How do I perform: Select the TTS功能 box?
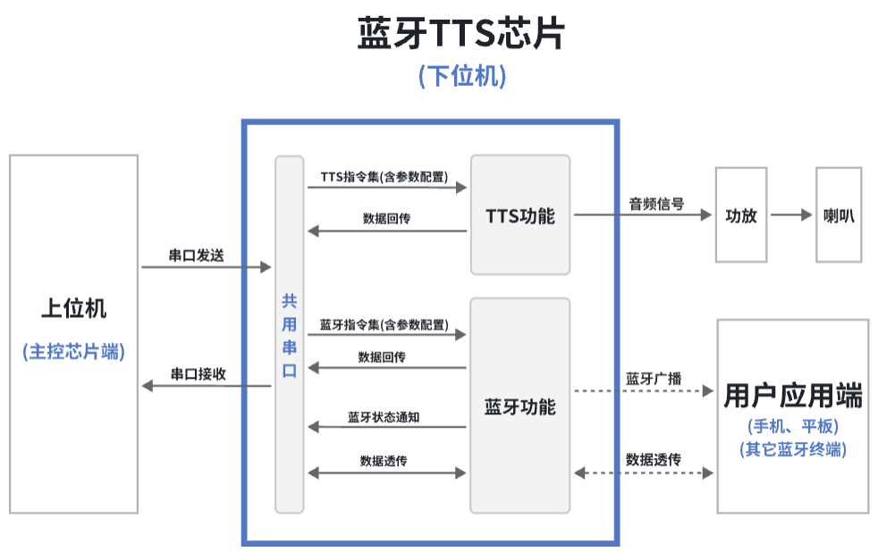click(519, 215)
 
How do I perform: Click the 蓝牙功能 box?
click(519, 406)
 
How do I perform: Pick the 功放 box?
click(741, 215)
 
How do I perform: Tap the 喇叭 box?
click(838, 215)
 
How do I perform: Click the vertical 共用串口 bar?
click(289, 335)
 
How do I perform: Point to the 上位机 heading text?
click(73, 309)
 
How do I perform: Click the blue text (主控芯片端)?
click(73, 351)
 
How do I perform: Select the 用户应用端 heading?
click(793, 395)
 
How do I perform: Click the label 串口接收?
click(198, 374)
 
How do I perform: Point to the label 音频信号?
click(656, 204)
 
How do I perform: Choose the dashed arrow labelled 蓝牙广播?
click(643, 391)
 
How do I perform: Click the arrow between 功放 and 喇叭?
click(789, 215)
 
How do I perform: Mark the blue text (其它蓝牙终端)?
click(793, 449)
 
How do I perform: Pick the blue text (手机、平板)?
click(793, 426)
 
